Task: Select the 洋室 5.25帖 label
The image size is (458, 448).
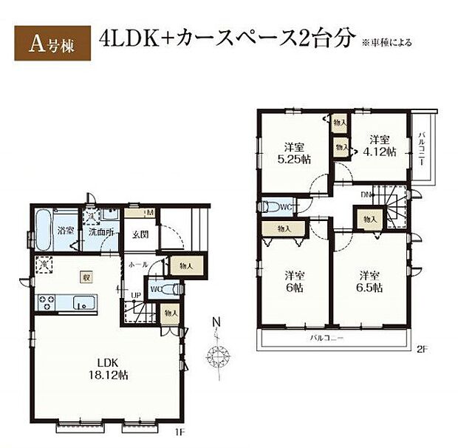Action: [x=294, y=152]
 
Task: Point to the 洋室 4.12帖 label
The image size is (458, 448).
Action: [x=378, y=146]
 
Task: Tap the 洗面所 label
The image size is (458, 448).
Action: [x=99, y=231]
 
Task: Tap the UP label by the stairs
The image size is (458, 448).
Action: [x=137, y=296]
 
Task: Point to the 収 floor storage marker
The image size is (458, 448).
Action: [x=86, y=276]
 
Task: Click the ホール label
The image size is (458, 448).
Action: [x=138, y=264]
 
